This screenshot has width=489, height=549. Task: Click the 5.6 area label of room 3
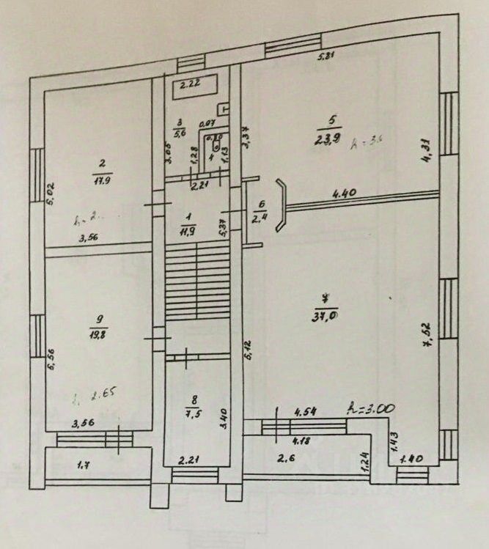coord(180,133)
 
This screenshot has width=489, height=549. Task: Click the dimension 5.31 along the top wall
coord(326,56)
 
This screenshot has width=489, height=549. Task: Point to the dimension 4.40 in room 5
coord(344,194)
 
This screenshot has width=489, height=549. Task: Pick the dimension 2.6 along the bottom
coord(286,460)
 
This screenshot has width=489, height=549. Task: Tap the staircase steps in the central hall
coord(196,282)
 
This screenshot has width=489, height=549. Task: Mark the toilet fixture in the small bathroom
coord(218,139)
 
